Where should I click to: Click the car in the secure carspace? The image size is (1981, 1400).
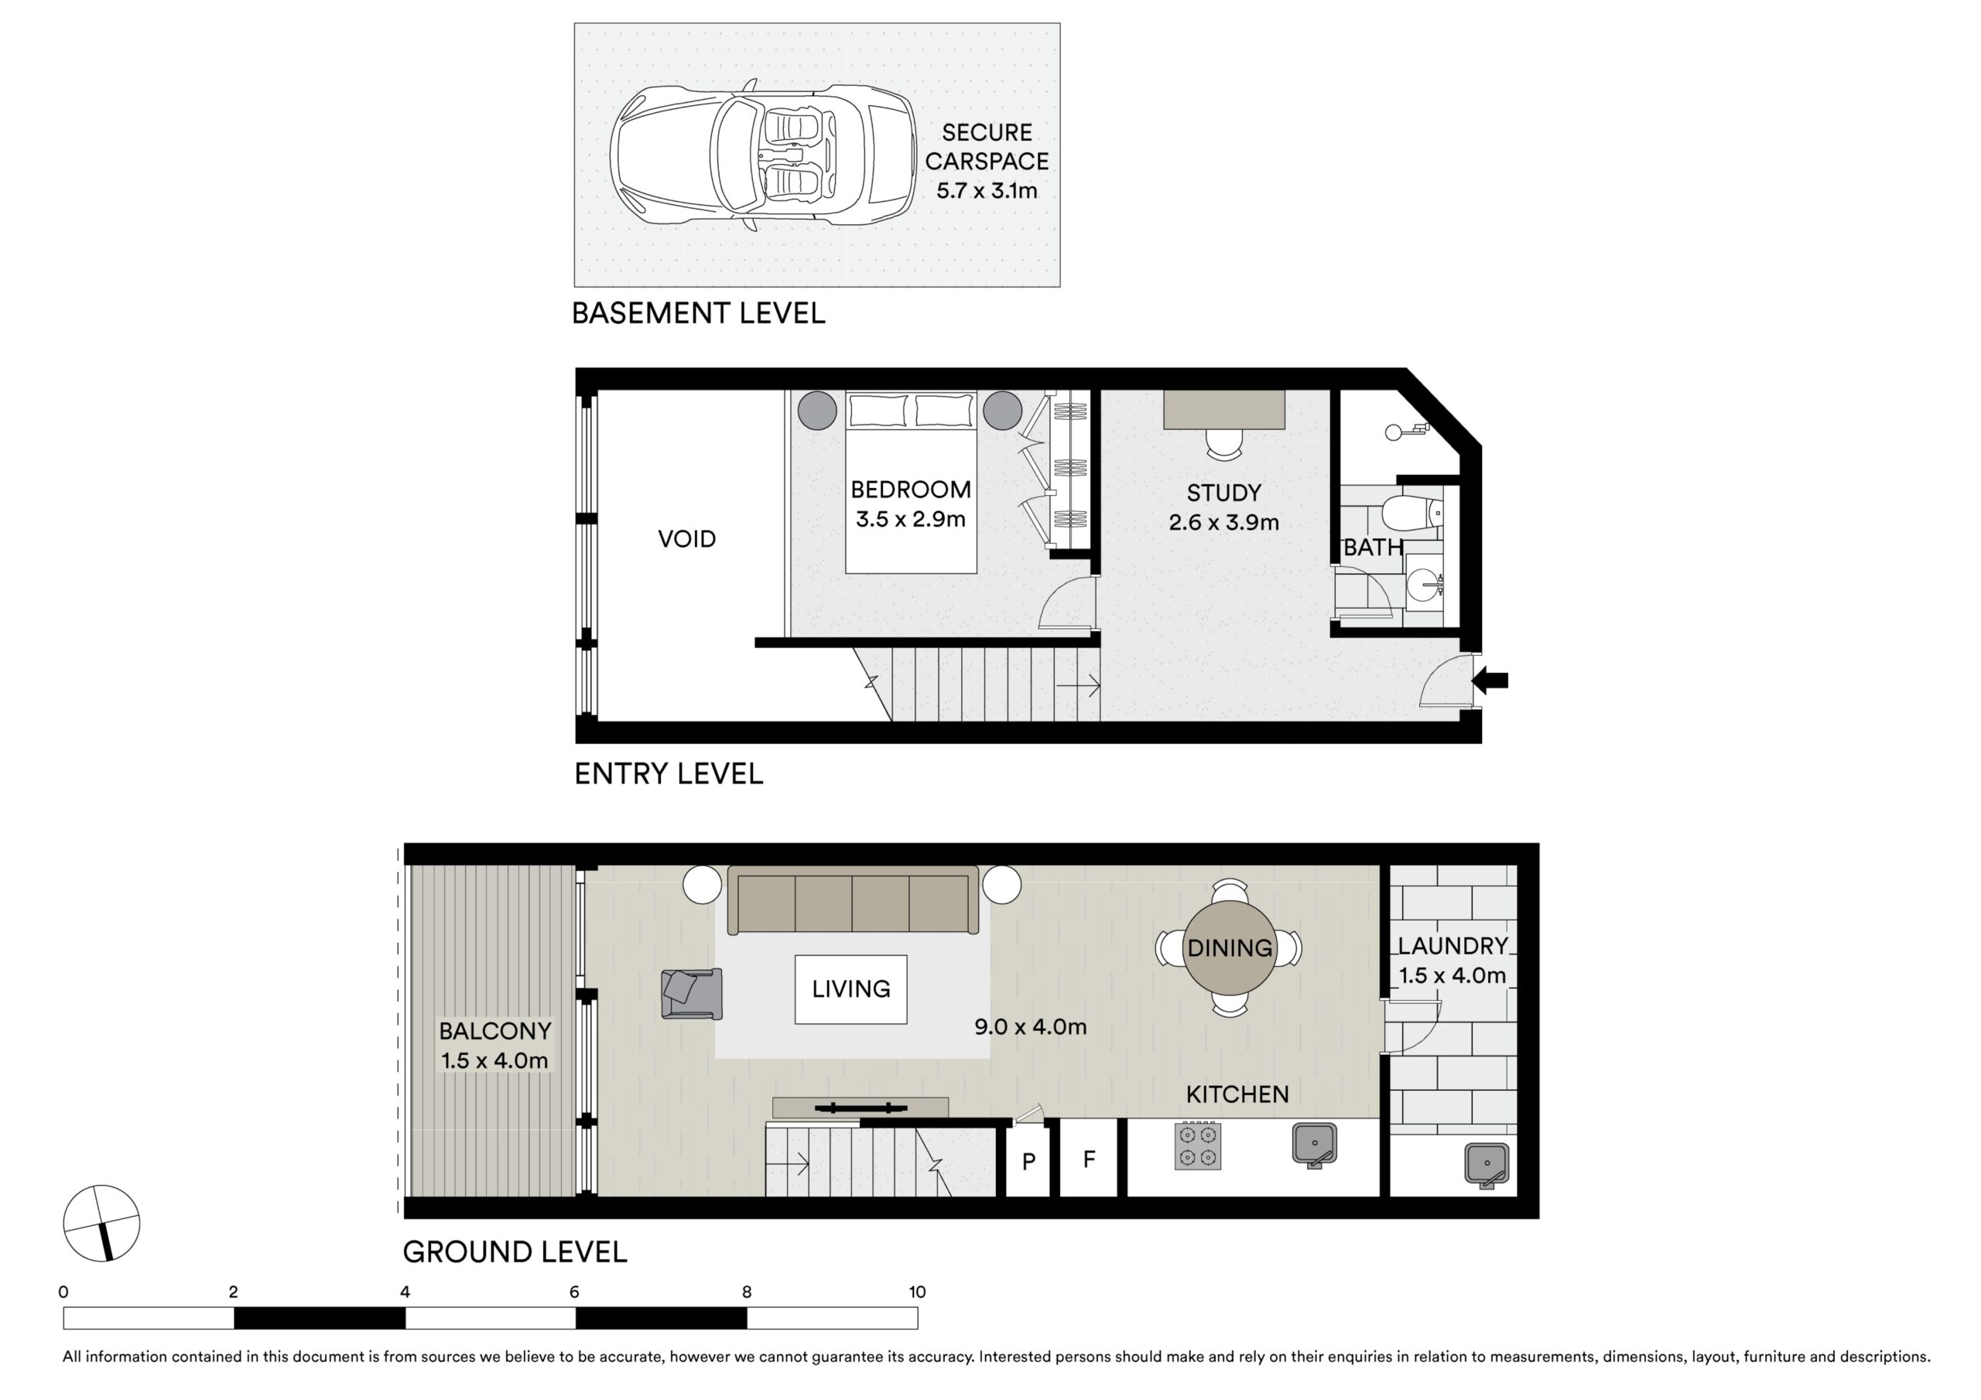(x=763, y=155)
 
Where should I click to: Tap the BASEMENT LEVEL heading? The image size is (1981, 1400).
(x=698, y=313)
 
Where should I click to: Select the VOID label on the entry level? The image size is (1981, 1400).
(x=687, y=539)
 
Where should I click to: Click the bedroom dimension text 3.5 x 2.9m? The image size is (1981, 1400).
(x=910, y=519)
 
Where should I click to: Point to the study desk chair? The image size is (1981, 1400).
(x=1223, y=442)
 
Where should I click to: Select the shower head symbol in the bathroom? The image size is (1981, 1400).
(x=1403, y=432)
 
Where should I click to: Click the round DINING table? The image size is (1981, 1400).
(x=1230, y=948)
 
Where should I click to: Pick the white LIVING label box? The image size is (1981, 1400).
(x=850, y=989)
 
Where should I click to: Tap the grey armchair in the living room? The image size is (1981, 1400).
(x=691, y=994)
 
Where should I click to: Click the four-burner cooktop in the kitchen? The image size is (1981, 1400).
(x=1198, y=1146)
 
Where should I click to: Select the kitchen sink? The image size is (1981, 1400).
(x=1314, y=1144)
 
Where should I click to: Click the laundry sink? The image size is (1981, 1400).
(x=1487, y=1165)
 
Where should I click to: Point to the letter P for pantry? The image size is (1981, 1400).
(x=1028, y=1161)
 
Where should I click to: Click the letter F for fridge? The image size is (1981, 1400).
(x=1089, y=1159)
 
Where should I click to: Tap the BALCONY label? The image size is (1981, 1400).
(x=494, y=1031)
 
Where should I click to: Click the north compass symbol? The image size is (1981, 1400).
(x=102, y=1223)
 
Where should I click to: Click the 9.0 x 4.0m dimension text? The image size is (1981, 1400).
(x=1030, y=1026)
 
